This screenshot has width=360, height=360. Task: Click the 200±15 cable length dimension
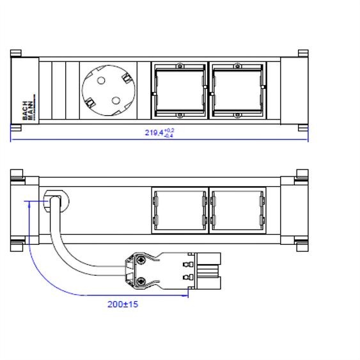(122, 304)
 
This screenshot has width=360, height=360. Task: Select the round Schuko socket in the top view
(109, 90)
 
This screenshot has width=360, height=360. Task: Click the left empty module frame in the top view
(179, 90)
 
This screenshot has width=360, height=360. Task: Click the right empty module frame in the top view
(237, 90)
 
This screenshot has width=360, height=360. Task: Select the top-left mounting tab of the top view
(17, 53)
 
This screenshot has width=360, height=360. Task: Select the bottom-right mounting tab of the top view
(302, 127)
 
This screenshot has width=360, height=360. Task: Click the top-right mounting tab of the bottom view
(302, 173)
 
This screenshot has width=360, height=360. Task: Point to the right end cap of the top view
(292, 90)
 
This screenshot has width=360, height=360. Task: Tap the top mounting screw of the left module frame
(180, 65)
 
